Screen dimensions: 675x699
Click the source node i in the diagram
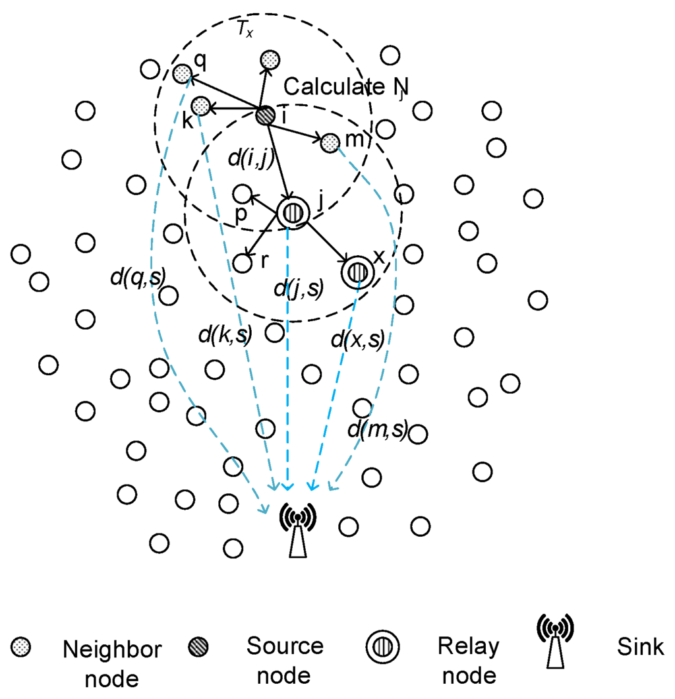tap(265, 115)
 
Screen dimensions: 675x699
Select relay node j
tap(293, 213)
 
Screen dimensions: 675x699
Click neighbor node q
tap(181, 73)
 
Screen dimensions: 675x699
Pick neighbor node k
tap(201, 106)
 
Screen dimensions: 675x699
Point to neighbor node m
tap(329, 142)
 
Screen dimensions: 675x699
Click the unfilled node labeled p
tap(243, 193)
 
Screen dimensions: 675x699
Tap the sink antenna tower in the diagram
tap(298, 531)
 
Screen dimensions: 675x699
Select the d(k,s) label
tap(224, 335)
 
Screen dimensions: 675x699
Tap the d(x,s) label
tap(357, 340)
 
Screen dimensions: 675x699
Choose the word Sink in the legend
tap(640, 647)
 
